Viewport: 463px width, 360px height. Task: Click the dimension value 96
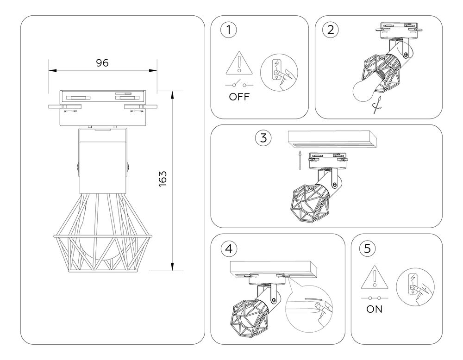[102, 63]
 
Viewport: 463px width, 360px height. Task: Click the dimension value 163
[163, 179]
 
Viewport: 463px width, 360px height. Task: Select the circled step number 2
[330, 30]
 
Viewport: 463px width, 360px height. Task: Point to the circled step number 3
[263, 137]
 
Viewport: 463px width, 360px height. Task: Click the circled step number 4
[228, 248]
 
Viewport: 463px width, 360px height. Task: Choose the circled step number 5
[367, 248]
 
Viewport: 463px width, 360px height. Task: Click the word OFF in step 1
[239, 97]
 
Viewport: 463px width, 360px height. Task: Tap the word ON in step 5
[375, 310]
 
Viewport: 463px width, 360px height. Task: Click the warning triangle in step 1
[238, 63]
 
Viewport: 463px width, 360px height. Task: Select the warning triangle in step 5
[374, 279]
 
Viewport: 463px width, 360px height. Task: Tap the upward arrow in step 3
[300, 160]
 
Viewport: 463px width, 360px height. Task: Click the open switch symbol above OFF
[239, 84]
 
